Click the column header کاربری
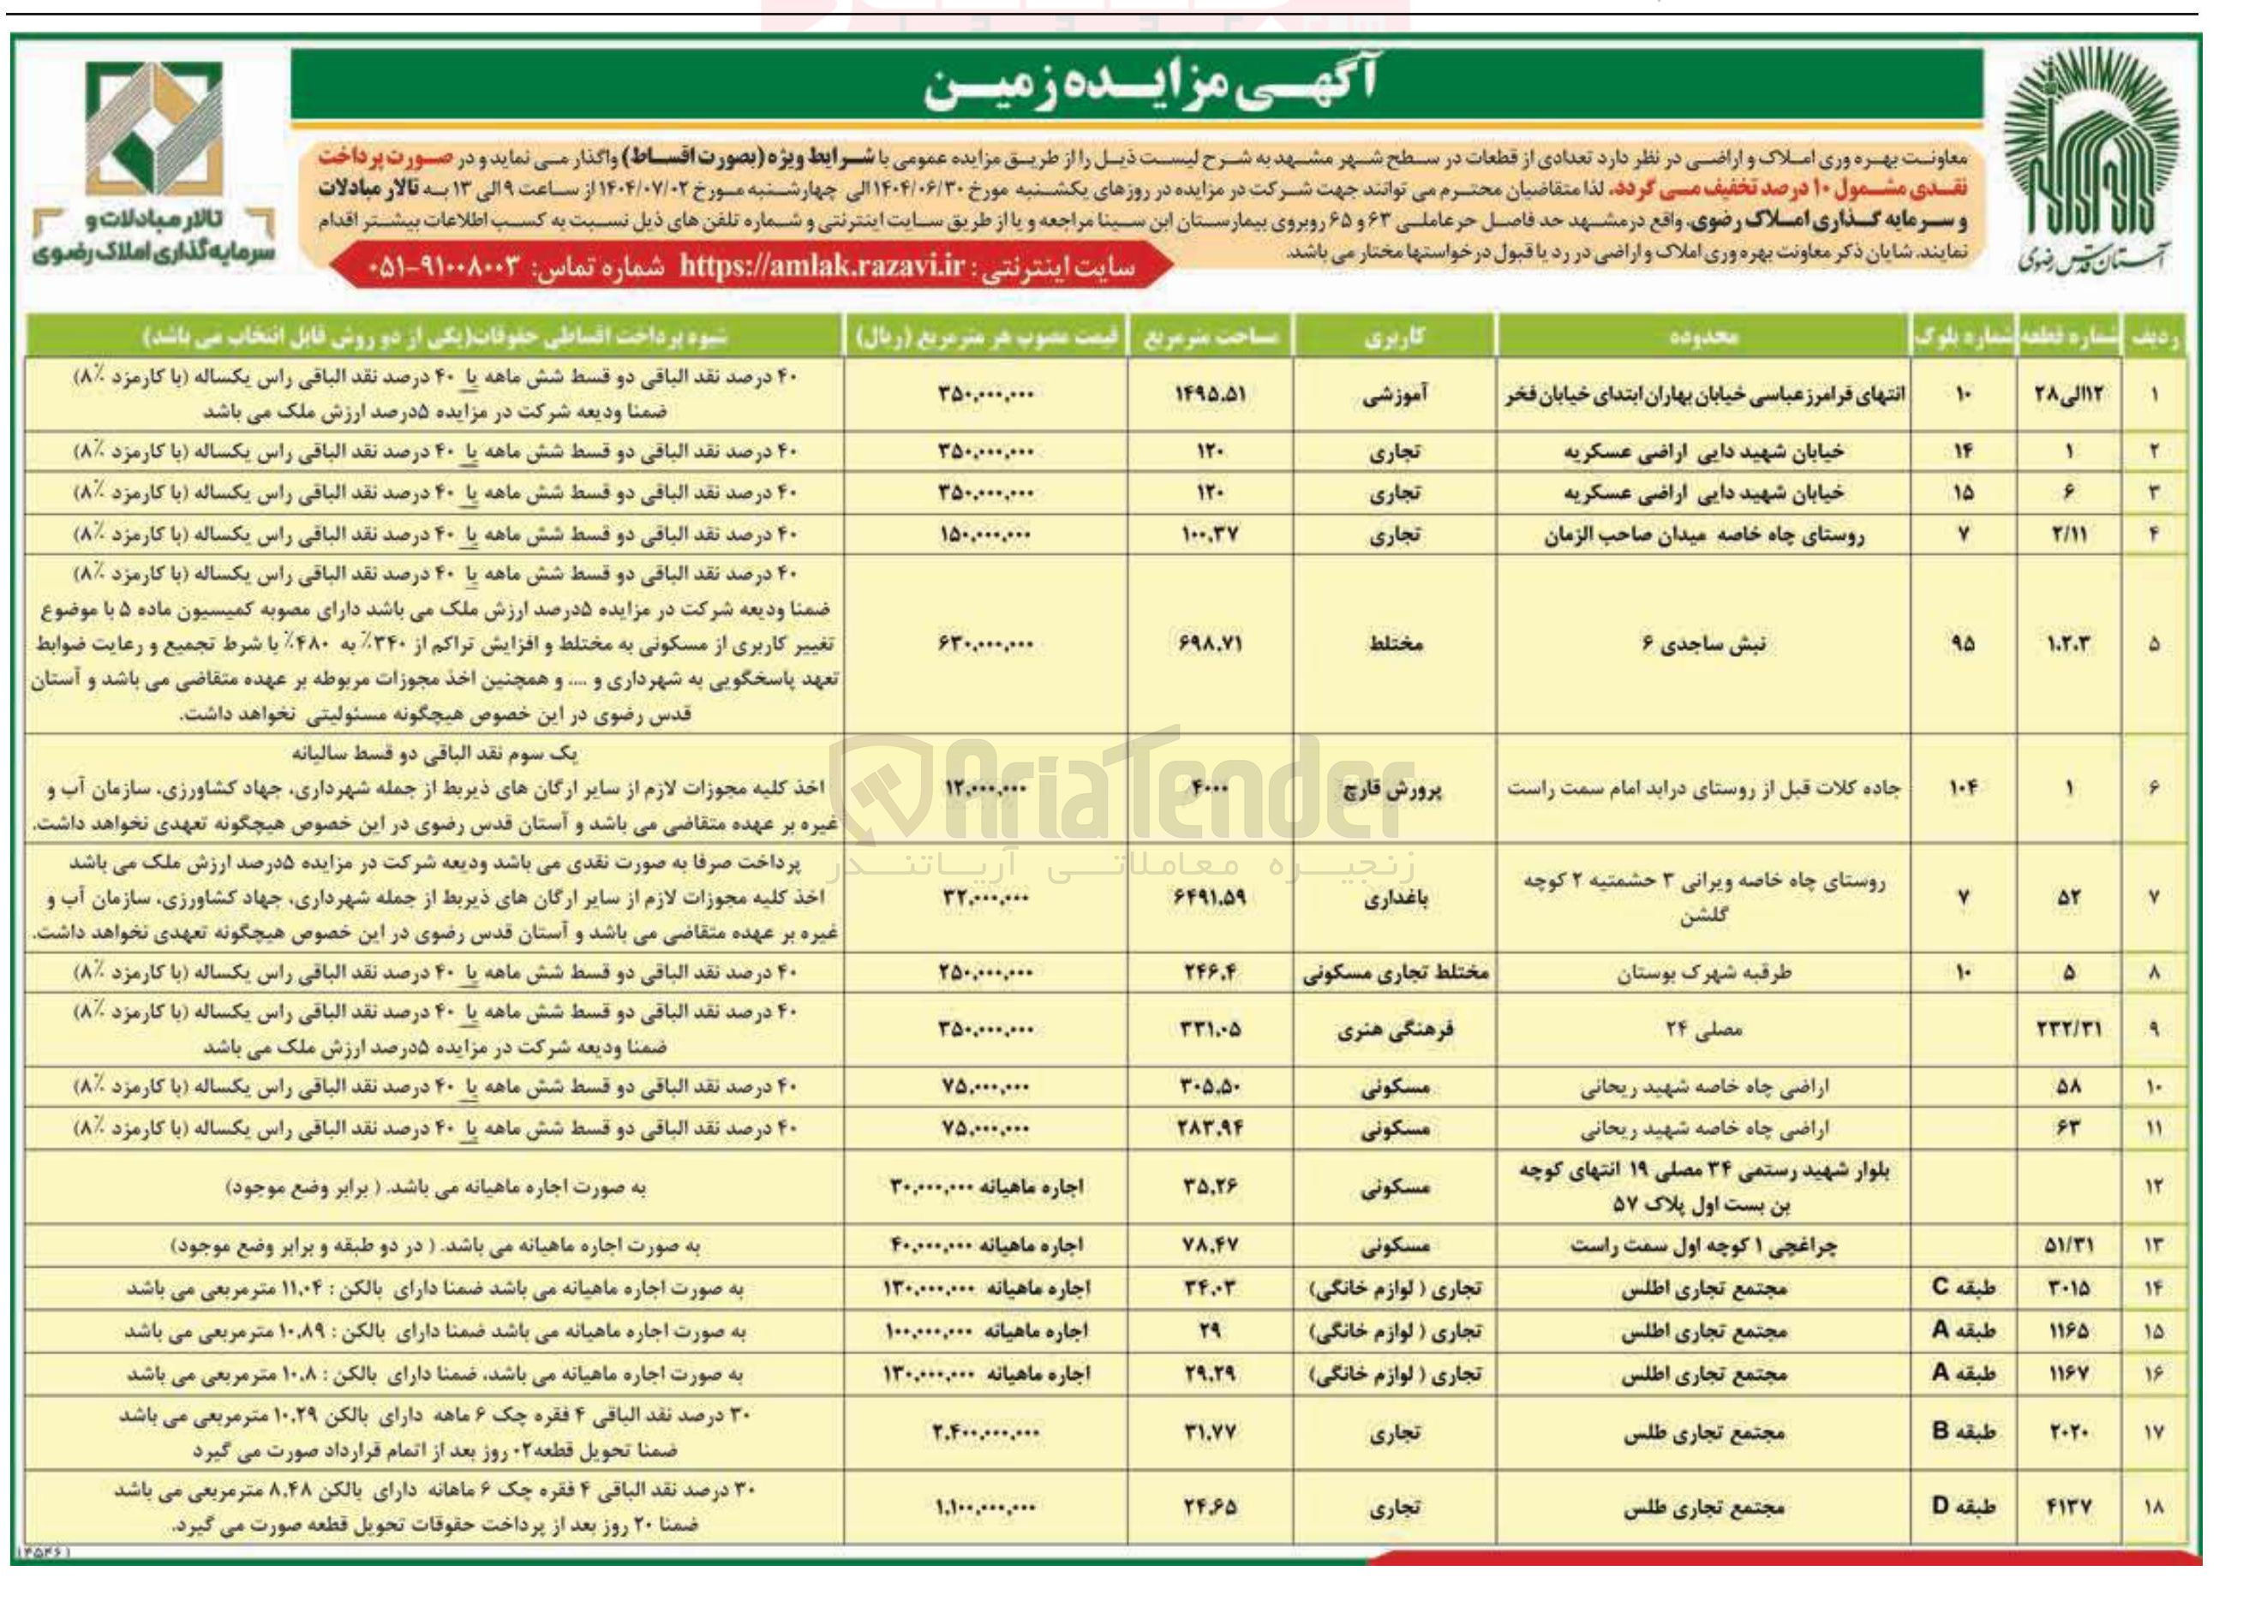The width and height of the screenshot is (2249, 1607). point(1395,338)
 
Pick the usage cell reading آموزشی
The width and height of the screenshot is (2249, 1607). point(1395,395)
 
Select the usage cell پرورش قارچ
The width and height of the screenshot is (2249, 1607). point(1395,789)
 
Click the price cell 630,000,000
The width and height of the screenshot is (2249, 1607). point(984,644)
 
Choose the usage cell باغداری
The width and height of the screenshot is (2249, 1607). point(1395,899)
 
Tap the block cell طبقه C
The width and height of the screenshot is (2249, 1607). point(1963,1288)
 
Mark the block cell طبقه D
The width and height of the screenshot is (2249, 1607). point(1963,1507)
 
